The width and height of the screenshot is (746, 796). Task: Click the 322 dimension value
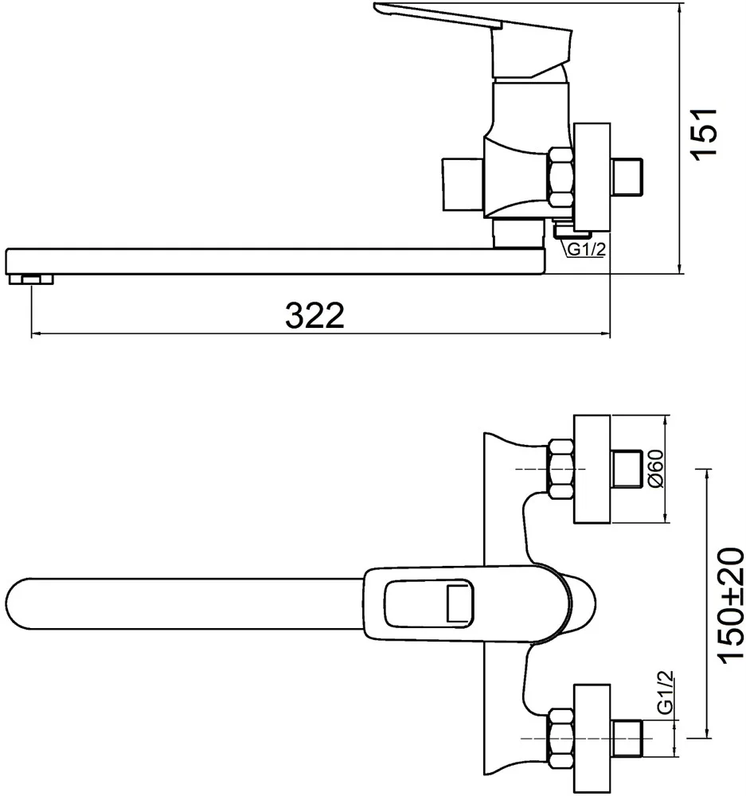314,315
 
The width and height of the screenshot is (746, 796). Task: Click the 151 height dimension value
705,134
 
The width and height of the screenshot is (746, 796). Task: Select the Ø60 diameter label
656,469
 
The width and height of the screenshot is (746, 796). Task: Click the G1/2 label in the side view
587,249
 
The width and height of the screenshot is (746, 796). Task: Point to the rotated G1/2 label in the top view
666,693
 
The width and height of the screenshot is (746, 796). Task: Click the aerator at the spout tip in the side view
31,279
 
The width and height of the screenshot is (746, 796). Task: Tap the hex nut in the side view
560,178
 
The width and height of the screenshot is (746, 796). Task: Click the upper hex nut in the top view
560,469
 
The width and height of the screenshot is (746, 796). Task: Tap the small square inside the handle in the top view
459,603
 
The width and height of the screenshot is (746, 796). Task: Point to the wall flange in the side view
592,178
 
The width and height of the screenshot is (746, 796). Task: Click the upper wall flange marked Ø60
592,469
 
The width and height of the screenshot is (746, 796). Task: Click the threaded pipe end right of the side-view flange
627,178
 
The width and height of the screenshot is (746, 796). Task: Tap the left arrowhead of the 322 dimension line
36,334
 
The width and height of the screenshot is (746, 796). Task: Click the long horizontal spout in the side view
275,261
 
